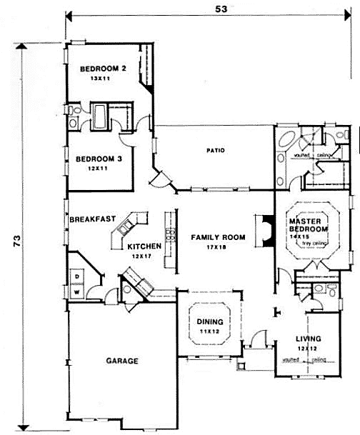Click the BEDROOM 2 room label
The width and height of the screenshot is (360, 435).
pyautogui.click(x=103, y=69)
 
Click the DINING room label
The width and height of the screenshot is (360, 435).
pyautogui.click(x=210, y=322)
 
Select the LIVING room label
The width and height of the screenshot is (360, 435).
pyautogui.click(x=309, y=338)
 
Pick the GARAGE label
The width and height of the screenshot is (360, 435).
pyautogui.click(x=122, y=361)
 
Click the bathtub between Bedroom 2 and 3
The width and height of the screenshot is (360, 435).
pyautogui.click(x=100, y=116)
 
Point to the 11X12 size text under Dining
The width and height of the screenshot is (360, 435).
pyautogui.click(x=210, y=331)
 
